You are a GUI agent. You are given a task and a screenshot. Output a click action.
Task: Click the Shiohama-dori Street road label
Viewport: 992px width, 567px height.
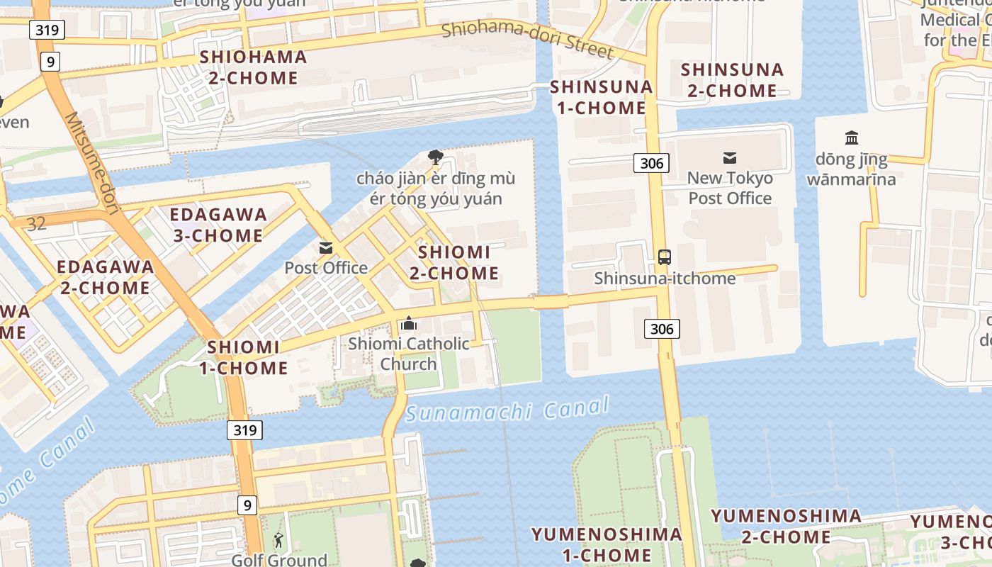pos(527,40)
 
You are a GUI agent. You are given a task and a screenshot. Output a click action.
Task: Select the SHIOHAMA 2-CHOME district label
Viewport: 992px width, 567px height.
pos(254,67)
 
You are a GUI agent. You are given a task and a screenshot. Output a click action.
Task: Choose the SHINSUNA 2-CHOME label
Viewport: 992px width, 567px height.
pos(732,80)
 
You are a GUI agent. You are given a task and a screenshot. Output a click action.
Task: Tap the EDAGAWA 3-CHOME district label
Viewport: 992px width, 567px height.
pos(218,225)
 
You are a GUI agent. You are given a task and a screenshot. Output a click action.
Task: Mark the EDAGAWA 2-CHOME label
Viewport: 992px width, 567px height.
pos(105,277)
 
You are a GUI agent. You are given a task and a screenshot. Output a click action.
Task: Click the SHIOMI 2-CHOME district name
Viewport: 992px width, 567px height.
pos(454,262)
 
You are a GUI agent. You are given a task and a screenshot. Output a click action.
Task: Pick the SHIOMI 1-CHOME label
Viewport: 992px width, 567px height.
pos(243,357)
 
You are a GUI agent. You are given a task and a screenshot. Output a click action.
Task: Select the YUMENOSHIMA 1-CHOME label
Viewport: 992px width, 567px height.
pos(607,544)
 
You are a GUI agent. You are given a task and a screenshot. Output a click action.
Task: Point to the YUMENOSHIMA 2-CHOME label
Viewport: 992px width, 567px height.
pos(787,526)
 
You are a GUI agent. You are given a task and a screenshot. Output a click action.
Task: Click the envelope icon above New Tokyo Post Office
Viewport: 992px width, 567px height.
pos(730,158)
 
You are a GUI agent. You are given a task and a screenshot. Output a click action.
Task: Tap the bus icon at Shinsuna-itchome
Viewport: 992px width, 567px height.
pos(664,257)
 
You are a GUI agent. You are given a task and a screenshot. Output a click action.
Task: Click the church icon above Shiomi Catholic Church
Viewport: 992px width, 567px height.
pos(408,324)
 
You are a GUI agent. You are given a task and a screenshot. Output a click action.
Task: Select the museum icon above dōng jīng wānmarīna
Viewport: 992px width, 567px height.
pos(852,137)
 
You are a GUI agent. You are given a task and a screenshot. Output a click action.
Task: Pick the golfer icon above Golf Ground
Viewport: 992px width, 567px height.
pos(278,541)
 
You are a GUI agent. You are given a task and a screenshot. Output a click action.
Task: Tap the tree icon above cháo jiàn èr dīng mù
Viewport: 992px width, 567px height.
pos(435,157)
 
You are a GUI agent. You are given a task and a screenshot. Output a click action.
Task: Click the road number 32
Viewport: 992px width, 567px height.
pos(36,224)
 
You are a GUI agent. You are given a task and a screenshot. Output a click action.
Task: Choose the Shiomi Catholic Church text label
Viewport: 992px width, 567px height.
pos(408,354)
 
